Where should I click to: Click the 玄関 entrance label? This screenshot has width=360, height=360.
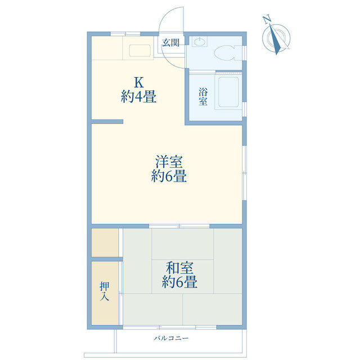coord(170,43)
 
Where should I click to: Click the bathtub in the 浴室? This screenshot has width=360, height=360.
coord(228,92)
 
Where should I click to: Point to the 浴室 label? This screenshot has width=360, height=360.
coord(203,96)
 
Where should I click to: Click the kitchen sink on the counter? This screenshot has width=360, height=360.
coord(140,51)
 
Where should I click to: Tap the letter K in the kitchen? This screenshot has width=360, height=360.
coord(139,83)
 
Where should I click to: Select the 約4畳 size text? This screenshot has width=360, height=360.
coord(139,96)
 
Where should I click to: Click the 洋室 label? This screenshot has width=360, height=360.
coord(169,161)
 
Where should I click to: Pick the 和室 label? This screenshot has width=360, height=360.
coord(179,268)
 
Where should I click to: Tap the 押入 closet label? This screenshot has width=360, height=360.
coord(105,291)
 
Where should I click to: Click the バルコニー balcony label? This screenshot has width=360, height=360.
coord(171,338)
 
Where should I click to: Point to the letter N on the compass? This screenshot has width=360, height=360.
coord(266,19)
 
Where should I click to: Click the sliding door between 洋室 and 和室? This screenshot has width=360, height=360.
coord(179,226)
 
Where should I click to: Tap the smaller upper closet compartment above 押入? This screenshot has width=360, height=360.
coord(105,242)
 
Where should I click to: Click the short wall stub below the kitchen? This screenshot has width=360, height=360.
coord(107,121)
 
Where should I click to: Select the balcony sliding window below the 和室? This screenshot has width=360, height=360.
coord(170,327)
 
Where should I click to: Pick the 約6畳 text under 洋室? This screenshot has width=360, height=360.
coord(169,176)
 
